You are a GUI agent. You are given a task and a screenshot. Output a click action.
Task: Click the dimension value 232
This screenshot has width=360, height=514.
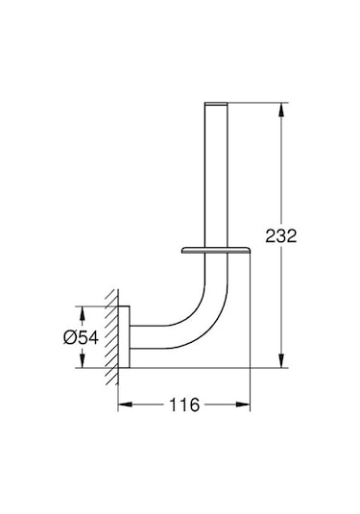click(290, 235)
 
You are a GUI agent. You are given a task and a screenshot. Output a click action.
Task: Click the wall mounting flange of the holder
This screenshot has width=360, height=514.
click(124, 336)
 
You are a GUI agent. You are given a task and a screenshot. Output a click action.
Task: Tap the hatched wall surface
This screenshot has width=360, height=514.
click(111, 336)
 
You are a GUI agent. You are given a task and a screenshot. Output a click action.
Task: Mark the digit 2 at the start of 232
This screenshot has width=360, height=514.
click(277, 235)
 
